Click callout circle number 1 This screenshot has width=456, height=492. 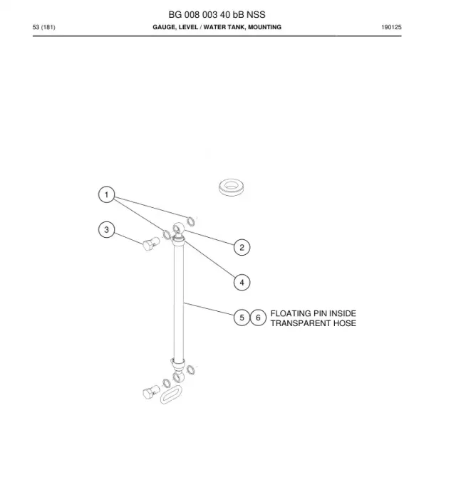(106, 194)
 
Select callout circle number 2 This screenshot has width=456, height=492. (242, 247)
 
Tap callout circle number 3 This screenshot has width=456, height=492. (106, 230)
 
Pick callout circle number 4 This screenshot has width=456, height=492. (242, 283)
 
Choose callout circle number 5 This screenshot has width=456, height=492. (242, 318)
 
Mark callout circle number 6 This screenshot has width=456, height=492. (258, 318)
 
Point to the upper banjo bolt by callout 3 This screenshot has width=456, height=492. (151, 244)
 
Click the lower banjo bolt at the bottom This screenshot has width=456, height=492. (151, 392)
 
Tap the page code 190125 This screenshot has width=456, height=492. (391, 27)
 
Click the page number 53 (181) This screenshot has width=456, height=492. (44, 27)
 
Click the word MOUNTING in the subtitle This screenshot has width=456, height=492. (264, 27)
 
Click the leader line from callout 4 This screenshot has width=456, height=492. (209, 259)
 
